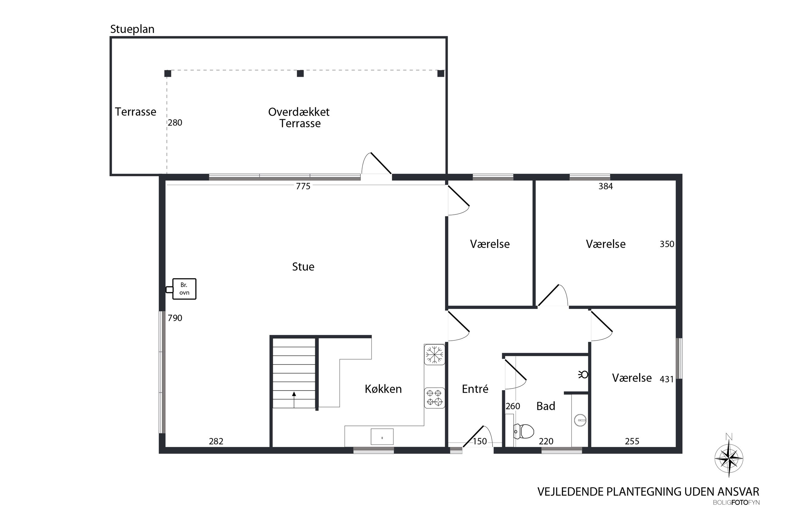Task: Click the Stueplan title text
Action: click(x=132, y=30)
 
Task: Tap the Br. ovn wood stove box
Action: click(x=184, y=289)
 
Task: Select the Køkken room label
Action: click(x=383, y=389)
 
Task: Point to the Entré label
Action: click(x=475, y=389)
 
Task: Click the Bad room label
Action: click(x=546, y=406)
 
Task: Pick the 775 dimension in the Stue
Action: click(x=303, y=186)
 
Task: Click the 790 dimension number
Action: click(x=175, y=318)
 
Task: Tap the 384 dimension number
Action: click(x=606, y=186)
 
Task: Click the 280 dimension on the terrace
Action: click(x=175, y=122)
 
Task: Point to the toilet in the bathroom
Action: click(x=523, y=431)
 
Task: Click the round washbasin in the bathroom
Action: click(x=580, y=420)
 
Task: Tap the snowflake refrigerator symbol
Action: click(x=434, y=354)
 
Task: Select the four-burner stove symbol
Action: click(x=434, y=398)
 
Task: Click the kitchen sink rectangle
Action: click(x=382, y=437)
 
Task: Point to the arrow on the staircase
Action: click(x=294, y=400)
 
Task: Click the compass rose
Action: click(x=729, y=458)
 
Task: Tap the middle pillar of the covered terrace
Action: click(x=300, y=73)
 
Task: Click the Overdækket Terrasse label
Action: click(x=299, y=118)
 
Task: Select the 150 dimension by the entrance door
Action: click(x=480, y=441)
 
